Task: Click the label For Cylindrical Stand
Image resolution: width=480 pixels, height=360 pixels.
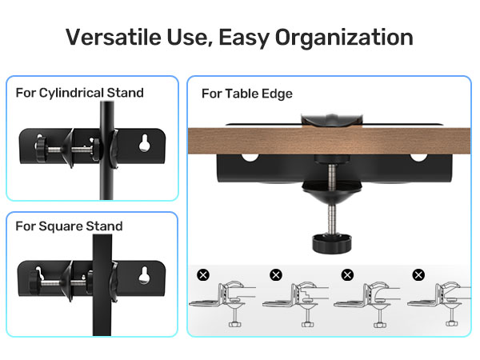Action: pos(79,93)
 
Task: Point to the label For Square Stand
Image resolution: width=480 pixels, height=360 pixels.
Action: pos(69,226)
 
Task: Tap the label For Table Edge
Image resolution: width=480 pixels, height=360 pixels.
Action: pos(246,94)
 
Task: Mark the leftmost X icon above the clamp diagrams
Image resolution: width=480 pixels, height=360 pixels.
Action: pos(203,275)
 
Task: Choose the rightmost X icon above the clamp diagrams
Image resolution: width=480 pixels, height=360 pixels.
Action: pos(418,275)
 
